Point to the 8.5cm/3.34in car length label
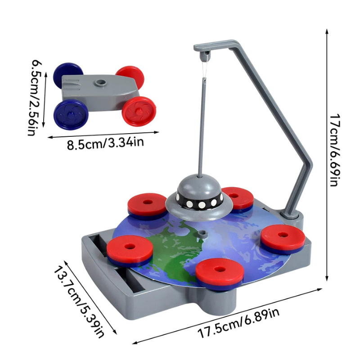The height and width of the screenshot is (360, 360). (105, 144)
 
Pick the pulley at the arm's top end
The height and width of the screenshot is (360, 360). (205, 56)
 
